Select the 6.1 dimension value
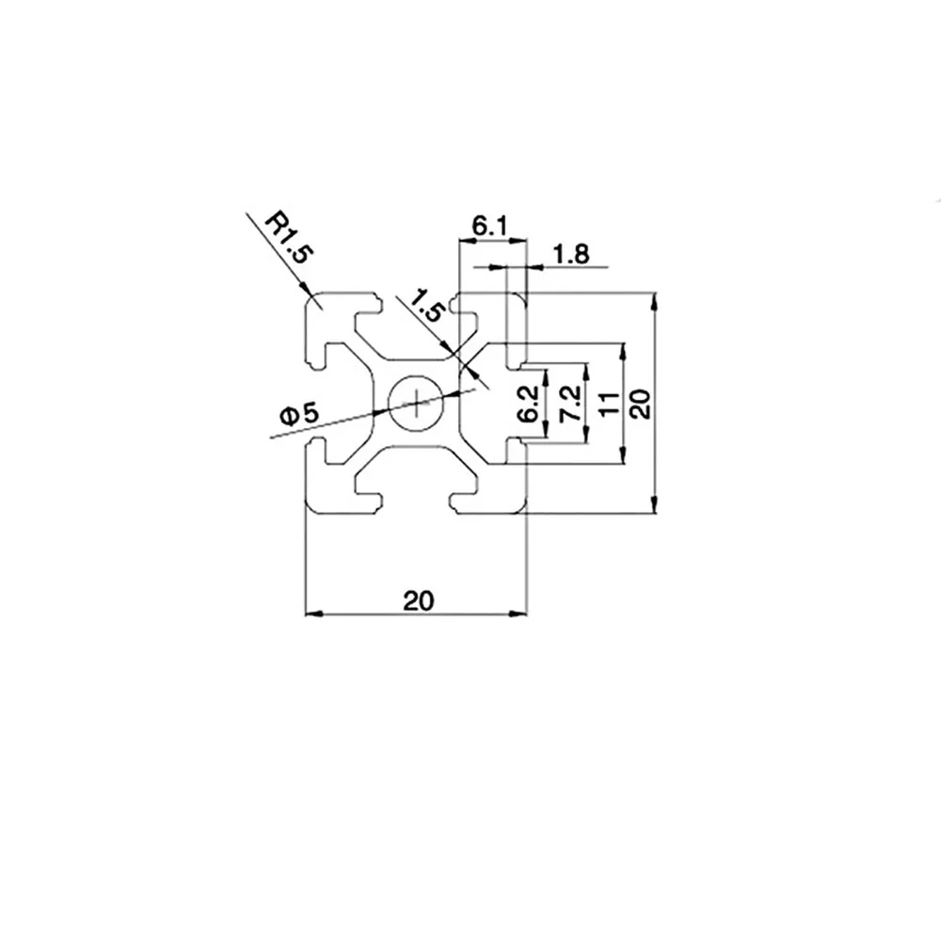(489, 226)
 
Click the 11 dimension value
(609, 403)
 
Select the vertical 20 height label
(639, 404)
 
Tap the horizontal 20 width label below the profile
(417, 600)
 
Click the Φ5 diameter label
(300, 413)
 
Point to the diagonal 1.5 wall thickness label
(425, 307)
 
